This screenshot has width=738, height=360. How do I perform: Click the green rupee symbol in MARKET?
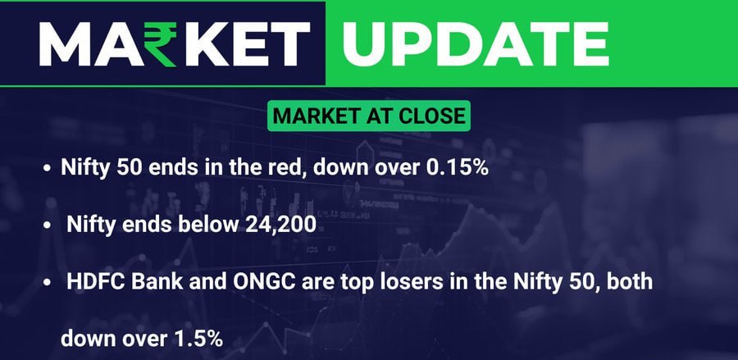point(160,45)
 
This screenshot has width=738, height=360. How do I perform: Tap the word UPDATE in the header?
point(476,43)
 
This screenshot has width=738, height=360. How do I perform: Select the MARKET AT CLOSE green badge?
point(369,116)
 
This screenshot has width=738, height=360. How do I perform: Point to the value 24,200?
point(280,225)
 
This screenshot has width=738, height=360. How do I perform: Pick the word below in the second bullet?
point(208,225)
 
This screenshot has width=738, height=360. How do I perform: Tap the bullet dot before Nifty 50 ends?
point(47,169)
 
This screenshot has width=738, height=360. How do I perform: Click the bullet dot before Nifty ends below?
point(47,226)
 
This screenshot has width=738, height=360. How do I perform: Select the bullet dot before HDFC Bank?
point(47,283)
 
